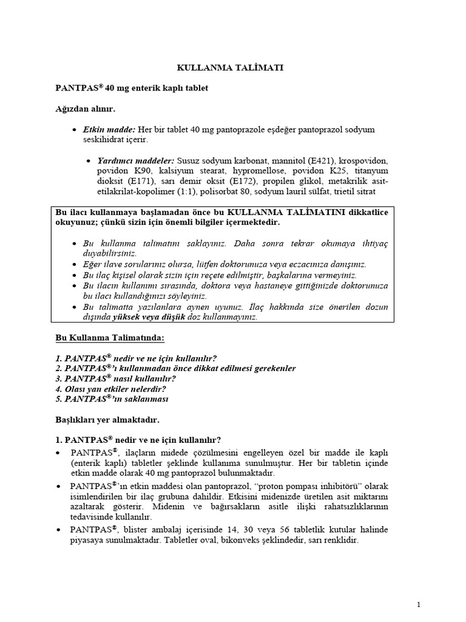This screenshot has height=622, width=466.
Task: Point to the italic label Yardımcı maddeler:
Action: tap(135, 160)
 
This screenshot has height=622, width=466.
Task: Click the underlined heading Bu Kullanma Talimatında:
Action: tap(110, 337)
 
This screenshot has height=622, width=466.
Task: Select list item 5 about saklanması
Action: tap(112, 399)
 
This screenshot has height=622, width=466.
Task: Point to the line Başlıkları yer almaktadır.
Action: tap(107, 419)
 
